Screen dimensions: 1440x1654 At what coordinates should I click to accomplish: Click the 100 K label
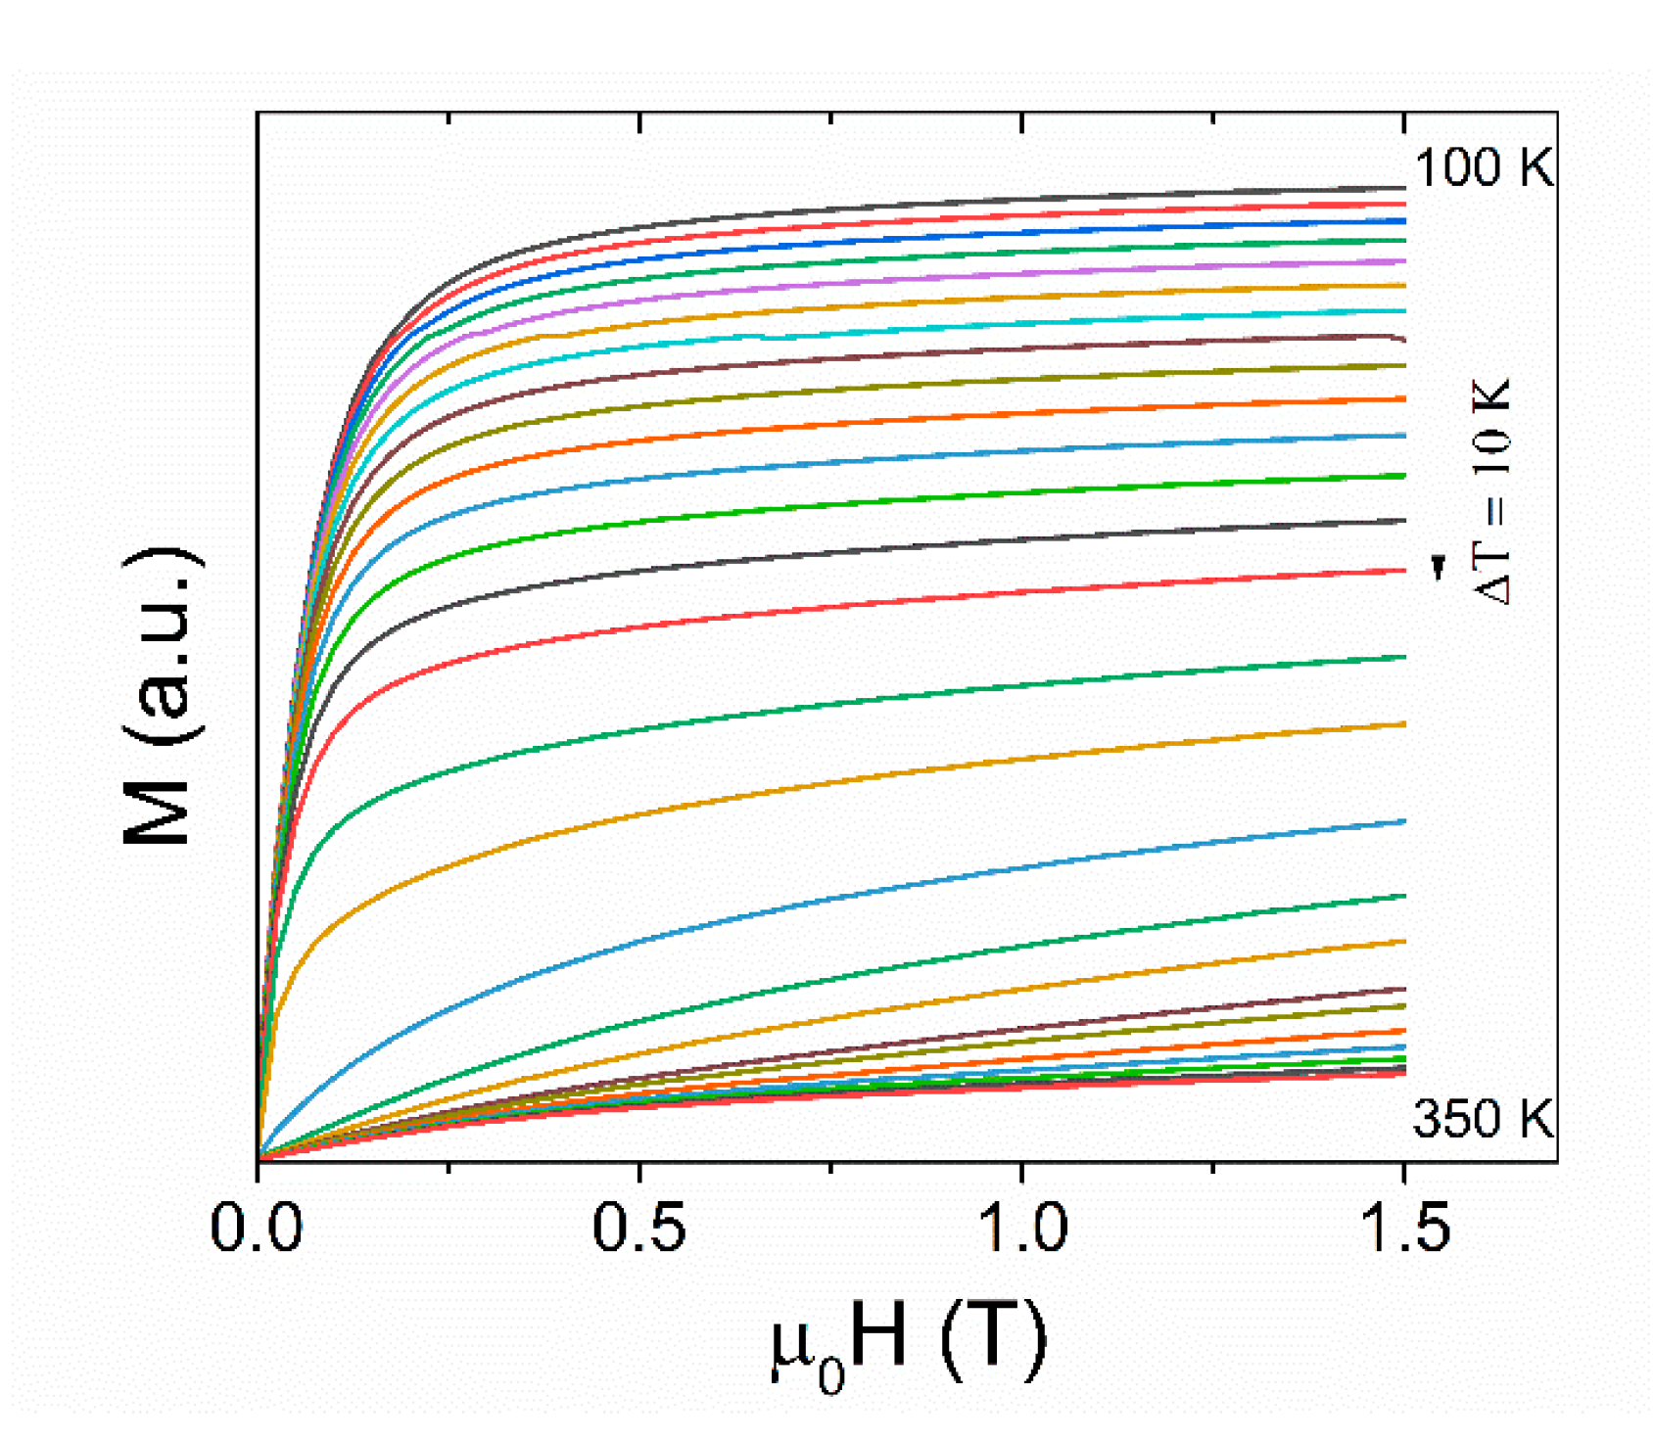click(x=1483, y=167)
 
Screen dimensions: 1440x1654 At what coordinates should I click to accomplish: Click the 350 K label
click(x=1482, y=1118)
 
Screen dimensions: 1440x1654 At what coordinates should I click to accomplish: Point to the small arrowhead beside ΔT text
click(x=1438, y=567)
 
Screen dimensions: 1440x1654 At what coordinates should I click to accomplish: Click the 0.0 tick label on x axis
click(x=257, y=1228)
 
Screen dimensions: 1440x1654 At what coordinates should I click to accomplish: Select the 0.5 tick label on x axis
click(x=638, y=1228)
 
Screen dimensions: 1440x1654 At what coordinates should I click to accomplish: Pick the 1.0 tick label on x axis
click(x=1021, y=1228)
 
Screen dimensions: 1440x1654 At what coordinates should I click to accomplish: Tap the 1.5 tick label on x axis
click(x=1404, y=1228)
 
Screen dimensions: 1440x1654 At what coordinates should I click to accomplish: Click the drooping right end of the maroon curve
click(x=1400, y=339)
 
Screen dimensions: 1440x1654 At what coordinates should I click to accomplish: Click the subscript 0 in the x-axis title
click(x=830, y=1375)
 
